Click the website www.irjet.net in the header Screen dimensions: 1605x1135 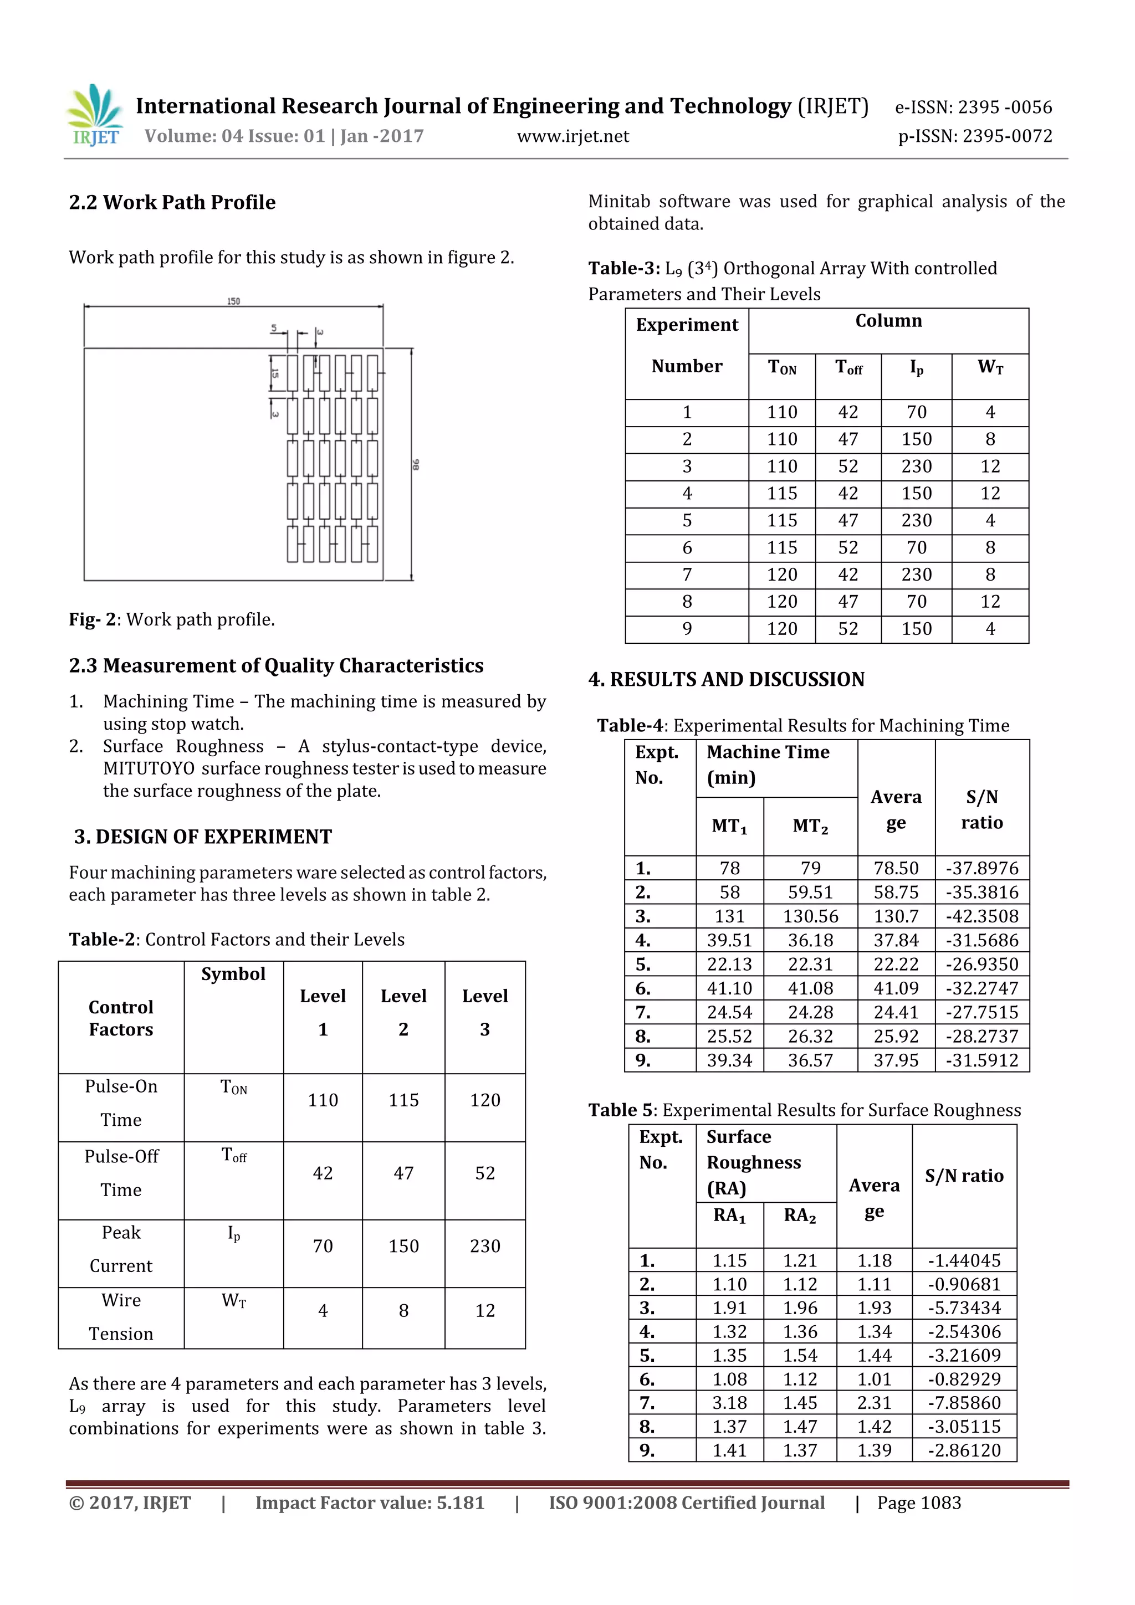572,136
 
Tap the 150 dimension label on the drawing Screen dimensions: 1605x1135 233,301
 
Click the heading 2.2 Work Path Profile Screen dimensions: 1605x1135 172,203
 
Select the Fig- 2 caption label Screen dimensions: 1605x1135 91,619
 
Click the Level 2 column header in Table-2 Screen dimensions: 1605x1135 403,1012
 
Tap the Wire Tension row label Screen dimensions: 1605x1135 121,1316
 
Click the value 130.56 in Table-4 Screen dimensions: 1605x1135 810,916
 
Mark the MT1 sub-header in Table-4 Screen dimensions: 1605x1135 729,826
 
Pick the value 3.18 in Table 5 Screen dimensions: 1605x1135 729,1402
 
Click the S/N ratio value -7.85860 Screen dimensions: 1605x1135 964,1402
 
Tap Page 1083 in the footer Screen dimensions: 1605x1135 919,1503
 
